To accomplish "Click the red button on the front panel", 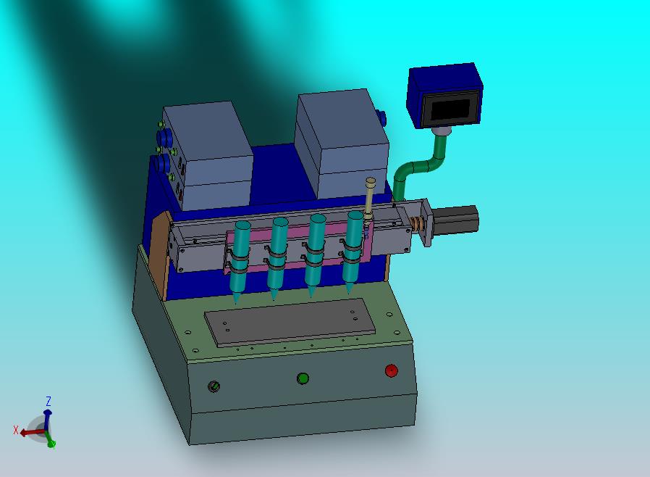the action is click(x=392, y=370).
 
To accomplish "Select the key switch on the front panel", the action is click(x=214, y=386).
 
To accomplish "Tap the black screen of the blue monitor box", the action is click(x=450, y=109).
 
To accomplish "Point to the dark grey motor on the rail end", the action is click(x=455, y=221).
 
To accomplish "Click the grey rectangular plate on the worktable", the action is click(x=290, y=322).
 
